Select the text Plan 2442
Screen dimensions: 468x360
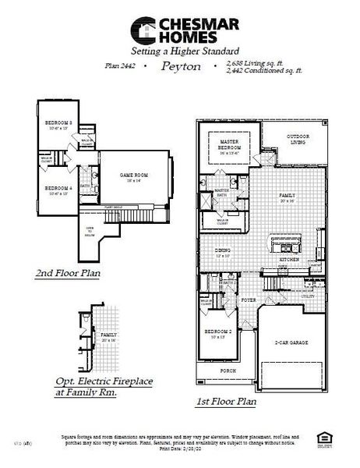[120, 68]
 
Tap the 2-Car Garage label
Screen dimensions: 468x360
[291, 342]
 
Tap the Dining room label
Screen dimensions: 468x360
[223, 251]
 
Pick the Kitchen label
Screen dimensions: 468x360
[288, 260]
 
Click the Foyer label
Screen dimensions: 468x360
[249, 300]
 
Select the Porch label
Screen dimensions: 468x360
[228, 370]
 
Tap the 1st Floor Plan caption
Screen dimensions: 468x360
[226, 402]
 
